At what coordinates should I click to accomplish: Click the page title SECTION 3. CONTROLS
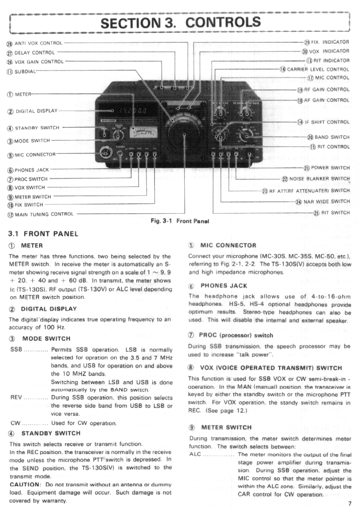[x=180, y=22]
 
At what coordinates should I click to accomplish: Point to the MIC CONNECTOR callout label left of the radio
[x=35, y=154]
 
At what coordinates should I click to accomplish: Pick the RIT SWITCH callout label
[x=334, y=212]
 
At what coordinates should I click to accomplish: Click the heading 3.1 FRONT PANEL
[x=44, y=234]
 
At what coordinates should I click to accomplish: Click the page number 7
[x=350, y=503]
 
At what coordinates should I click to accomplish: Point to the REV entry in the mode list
[x=16, y=397]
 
